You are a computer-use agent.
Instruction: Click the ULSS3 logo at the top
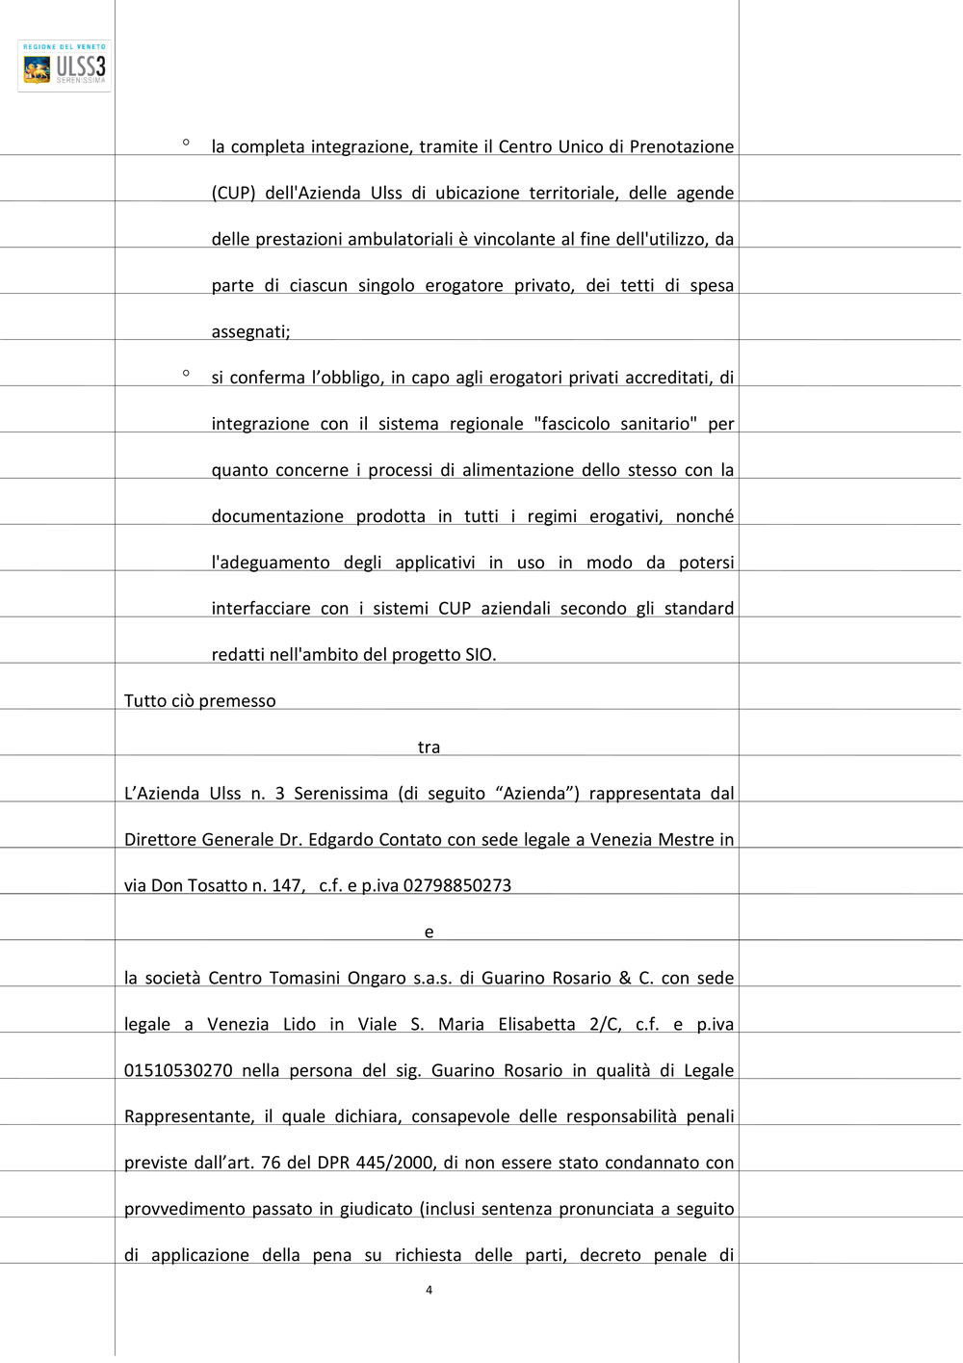tap(65, 66)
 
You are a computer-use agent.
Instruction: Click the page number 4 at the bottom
tap(429, 1290)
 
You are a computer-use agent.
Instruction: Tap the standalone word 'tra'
tap(429, 747)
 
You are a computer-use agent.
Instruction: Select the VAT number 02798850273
tap(456, 886)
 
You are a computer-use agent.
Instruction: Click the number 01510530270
tap(178, 1071)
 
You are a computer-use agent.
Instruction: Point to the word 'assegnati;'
tap(250, 332)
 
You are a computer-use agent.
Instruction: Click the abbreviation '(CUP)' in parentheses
tap(233, 194)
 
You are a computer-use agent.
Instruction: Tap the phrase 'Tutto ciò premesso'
tap(199, 701)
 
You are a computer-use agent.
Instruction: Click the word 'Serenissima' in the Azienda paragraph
tap(340, 794)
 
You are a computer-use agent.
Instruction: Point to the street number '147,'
tap(288, 886)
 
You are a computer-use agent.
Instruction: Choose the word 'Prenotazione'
tap(681, 147)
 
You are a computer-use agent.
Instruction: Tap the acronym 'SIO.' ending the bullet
tap(481, 655)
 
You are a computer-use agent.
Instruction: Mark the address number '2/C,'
tap(606, 1025)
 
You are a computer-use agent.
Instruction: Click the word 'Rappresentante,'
tap(189, 1117)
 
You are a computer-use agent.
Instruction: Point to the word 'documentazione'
tap(277, 516)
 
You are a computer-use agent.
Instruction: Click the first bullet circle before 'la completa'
tap(186, 143)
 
